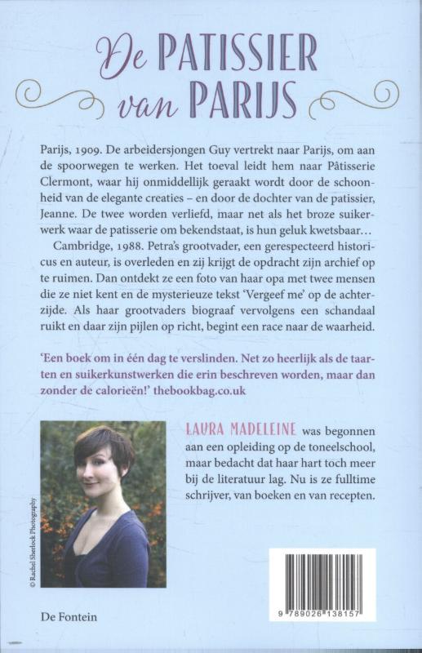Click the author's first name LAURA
[x=197, y=430]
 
